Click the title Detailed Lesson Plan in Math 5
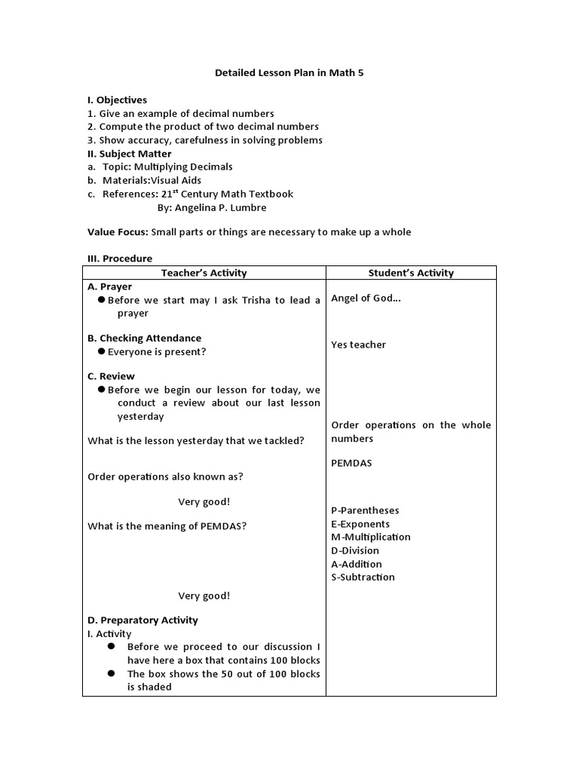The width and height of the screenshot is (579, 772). click(x=289, y=72)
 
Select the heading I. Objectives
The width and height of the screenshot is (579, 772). click(x=118, y=100)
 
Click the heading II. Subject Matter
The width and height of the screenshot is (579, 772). click(x=130, y=154)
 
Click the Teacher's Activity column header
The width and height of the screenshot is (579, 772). click(x=204, y=273)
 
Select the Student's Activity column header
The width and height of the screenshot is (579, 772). click(x=411, y=273)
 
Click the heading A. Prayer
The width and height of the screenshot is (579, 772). click(x=110, y=286)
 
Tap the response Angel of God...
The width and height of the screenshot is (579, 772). click(x=366, y=299)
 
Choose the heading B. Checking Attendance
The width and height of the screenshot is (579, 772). click(x=145, y=339)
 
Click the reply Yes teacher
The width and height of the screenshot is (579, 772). click(x=359, y=345)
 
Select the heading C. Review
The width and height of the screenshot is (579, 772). click(x=112, y=376)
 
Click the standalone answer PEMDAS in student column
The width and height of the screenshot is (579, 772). click(x=351, y=463)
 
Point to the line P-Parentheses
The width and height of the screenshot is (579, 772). click(x=365, y=510)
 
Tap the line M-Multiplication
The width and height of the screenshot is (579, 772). click(x=371, y=537)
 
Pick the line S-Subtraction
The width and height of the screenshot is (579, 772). click(x=363, y=577)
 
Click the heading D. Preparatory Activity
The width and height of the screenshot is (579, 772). click(x=143, y=620)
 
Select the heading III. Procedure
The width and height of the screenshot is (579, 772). click(x=120, y=258)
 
